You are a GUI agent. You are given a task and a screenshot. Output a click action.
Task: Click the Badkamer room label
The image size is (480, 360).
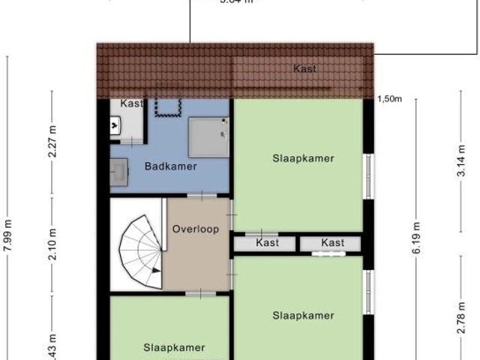[170, 166]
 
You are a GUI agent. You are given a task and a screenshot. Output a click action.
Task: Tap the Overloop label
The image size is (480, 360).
[195, 229]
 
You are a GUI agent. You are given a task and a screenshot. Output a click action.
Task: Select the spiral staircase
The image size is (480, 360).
[140, 251]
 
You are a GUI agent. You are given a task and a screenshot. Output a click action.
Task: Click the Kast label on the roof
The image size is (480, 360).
[304, 69]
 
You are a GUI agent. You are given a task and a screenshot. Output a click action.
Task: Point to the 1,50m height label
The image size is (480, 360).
[390, 99]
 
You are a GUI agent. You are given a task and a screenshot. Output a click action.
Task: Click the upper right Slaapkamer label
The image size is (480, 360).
[302, 158]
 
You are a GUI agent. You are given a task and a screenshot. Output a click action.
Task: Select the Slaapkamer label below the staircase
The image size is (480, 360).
[174, 347]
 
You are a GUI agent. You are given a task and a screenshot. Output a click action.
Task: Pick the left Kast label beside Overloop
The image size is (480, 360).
[267, 243]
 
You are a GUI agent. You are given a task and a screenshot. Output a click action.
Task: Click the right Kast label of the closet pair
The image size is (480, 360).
[332, 243]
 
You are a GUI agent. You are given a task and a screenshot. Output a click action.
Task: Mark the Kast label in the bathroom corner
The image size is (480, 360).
[132, 103]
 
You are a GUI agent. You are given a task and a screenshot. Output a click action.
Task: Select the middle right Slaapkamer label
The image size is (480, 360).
[303, 316]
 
